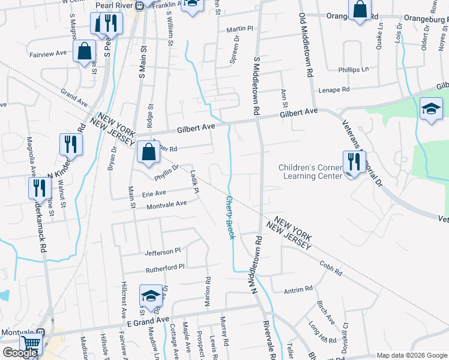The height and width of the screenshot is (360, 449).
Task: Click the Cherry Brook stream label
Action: click(x=230, y=217)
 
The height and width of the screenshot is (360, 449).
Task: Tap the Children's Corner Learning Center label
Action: click(x=309, y=171)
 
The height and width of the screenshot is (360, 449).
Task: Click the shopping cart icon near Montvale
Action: click(x=31, y=344)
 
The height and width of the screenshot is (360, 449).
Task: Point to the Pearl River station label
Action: click(x=115, y=5)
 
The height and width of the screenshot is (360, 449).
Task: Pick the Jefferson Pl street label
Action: click(x=162, y=251)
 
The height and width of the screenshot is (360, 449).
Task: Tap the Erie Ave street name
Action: click(x=154, y=193)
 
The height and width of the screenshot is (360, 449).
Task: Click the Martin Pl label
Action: click(x=240, y=28)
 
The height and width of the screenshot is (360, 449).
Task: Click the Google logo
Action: click(x=20, y=353)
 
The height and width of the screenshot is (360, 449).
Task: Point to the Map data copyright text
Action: click(x=411, y=355)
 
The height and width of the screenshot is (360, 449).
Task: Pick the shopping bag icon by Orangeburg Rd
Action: click(x=360, y=10)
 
